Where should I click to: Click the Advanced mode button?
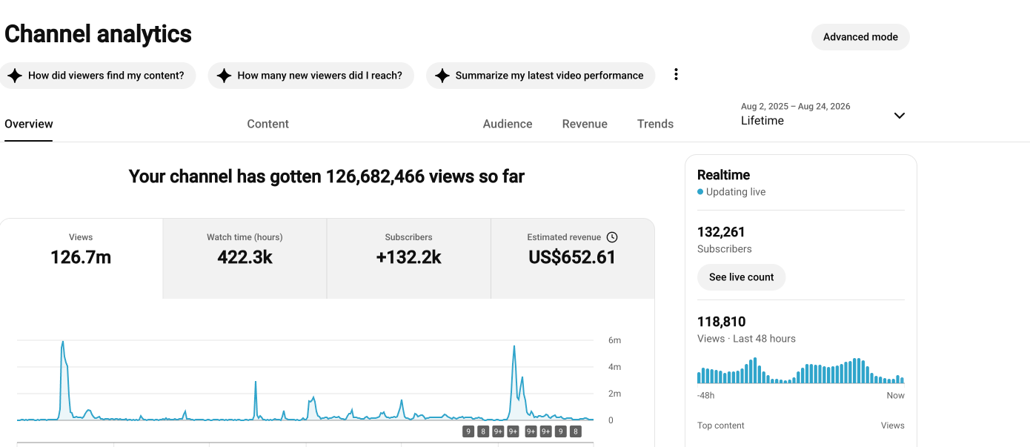click(x=860, y=37)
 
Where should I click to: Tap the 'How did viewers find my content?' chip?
click(x=98, y=76)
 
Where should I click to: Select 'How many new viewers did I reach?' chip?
click(x=310, y=76)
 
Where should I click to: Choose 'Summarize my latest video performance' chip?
click(x=540, y=76)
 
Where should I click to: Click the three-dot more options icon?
click(x=676, y=74)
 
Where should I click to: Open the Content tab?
click(x=268, y=124)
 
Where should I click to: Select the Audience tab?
click(x=507, y=124)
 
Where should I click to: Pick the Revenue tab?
click(x=585, y=124)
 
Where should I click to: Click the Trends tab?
click(x=655, y=124)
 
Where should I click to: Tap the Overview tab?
click(x=28, y=124)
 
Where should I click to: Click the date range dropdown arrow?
click(x=900, y=116)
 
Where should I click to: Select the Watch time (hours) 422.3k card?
click(x=245, y=259)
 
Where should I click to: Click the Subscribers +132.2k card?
click(x=408, y=259)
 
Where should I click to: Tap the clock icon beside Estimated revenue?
click(x=612, y=237)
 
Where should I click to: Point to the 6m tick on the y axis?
click(x=614, y=340)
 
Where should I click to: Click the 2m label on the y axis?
click(x=614, y=394)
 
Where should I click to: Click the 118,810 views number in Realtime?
click(x=721, y=322)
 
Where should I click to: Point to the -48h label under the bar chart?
click(x=706, y=396)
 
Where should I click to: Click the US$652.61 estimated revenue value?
click(x=572, y=257)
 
